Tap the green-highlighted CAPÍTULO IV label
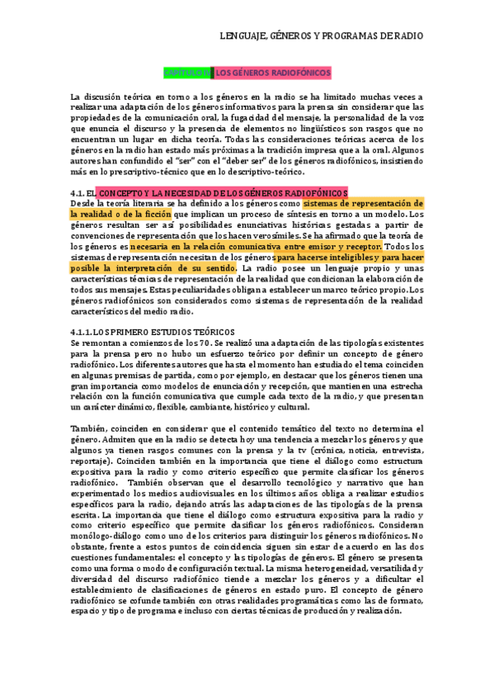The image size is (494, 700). (186, 73)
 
